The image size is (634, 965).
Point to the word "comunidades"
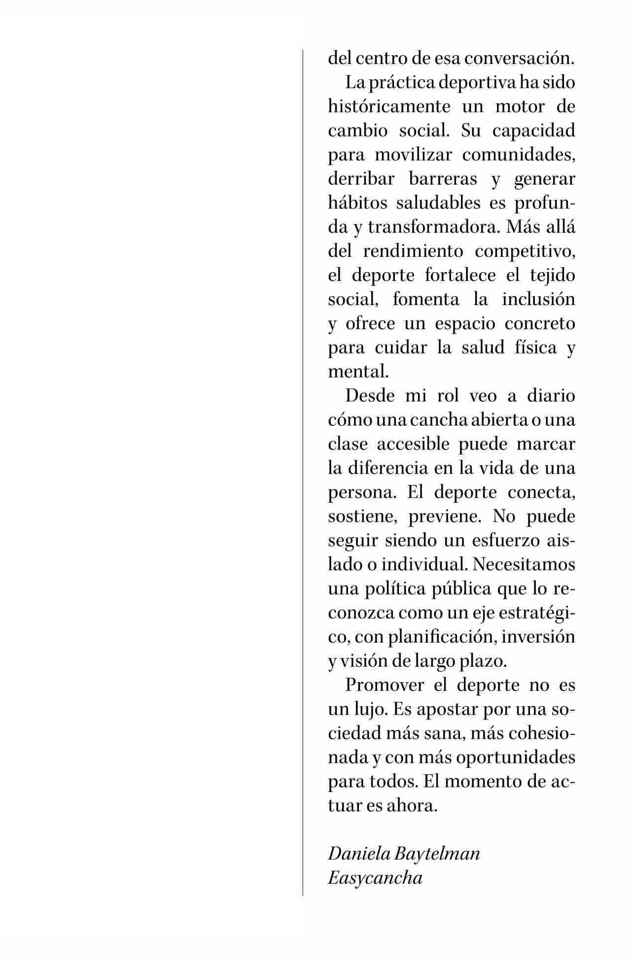(519, 155)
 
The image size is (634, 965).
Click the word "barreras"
(443, 179)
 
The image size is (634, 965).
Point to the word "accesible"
(413, 445)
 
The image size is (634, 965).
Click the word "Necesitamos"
(524, 564)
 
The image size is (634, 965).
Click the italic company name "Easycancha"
(375, 878)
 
